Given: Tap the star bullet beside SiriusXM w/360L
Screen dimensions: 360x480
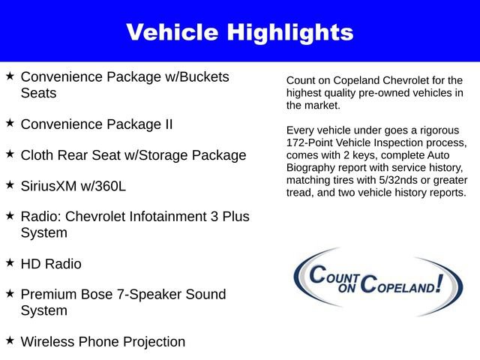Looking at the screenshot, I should [x=10, y=184].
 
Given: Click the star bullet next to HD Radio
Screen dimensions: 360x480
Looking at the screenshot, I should [x=10, y=262].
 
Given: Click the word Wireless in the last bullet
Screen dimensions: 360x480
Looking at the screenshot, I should [x=47, y=342].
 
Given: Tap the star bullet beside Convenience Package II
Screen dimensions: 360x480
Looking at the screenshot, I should [x=10, y=121].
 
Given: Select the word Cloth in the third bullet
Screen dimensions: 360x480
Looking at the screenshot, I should [x=38, y=155].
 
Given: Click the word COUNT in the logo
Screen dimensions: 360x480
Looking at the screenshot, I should [x=336, y=277].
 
